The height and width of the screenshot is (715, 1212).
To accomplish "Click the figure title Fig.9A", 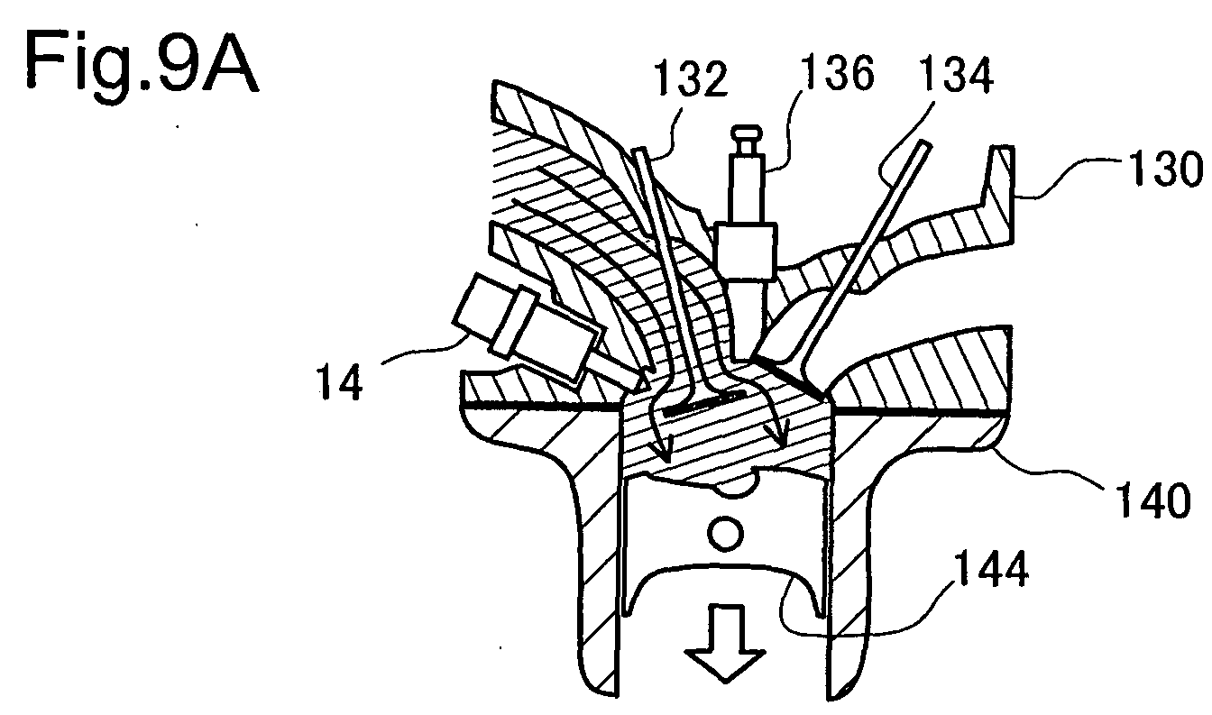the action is pos(142,64).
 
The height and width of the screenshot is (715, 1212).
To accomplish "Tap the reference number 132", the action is pos(691,79).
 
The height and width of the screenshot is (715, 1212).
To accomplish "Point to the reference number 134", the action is pos(957,76).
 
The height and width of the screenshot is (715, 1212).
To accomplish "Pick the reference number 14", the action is pos(339,381).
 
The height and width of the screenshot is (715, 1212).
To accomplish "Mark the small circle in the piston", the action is pos(725,534).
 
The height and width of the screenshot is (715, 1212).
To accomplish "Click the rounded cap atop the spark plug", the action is pos(746,133).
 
